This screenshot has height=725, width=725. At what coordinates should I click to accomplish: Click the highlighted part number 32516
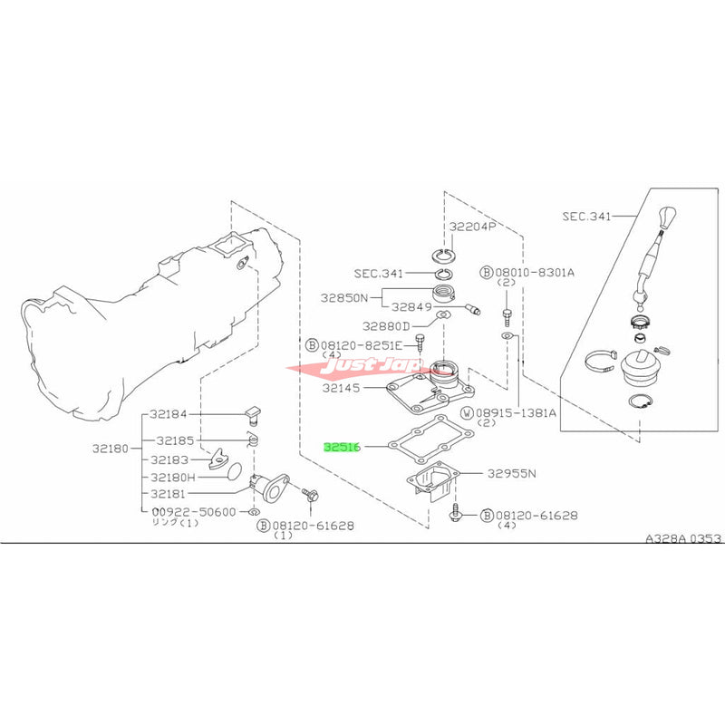tap(343, 448)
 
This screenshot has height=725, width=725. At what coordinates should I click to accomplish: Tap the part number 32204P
tap(470, 227)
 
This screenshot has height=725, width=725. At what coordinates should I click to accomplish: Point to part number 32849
tap(412, 304)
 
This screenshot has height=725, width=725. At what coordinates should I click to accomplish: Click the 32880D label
tap(386, 324)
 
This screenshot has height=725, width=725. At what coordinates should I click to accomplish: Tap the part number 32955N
tap(513, 472)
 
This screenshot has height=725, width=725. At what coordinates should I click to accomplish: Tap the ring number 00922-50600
tap(193, 512)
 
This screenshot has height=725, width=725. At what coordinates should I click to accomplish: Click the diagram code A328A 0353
tap(684, 538)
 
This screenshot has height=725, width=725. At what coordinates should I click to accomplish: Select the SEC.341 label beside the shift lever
tap(585, 217)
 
